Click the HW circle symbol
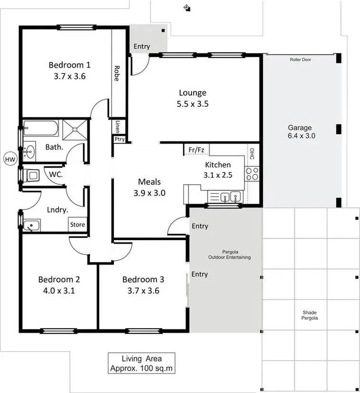[10, 160]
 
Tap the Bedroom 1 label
[70, 65]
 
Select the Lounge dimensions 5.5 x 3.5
[193, 104]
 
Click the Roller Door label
[300, 60]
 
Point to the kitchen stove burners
[252, 174]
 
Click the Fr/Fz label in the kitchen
[196, 150]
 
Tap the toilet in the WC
[32, 175]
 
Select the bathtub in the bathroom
[41, 128]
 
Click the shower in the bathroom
[75, 129]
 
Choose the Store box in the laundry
[78, 224]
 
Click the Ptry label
[120, 140]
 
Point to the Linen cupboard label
[118, 127]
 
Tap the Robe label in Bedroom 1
[117, 73]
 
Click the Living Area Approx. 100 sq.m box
[141, 363]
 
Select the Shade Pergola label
[310, 315]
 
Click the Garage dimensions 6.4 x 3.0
[301, 136]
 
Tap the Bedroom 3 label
[143, 279]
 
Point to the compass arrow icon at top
[187, 8]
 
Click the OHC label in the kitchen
[252, 154]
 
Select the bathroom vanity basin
[30, 151]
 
